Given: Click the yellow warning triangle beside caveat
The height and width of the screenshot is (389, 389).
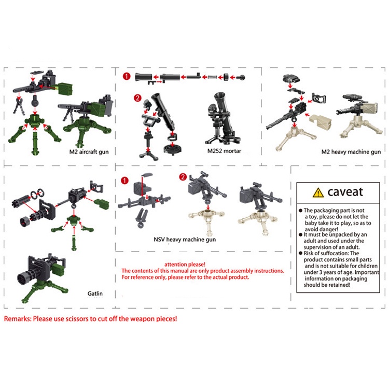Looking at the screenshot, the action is click(x=318, y=192).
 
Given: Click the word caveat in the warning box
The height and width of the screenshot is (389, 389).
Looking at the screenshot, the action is click(x=345, y=192).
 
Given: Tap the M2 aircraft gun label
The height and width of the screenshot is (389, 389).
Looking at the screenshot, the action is click(x=89, y=152).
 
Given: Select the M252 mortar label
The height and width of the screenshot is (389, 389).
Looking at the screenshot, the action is click(x=224, y=151).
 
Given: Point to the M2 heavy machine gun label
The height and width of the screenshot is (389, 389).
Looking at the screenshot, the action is click(x=351, y=152).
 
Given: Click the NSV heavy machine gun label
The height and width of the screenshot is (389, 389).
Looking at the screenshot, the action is click(x=185, y=240).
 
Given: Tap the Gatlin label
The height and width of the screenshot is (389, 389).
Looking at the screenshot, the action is click(x=95, y=294).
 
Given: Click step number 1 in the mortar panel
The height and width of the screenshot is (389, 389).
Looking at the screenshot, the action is click(x=127, y=76).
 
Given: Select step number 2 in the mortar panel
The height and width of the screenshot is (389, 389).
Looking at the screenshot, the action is click(x=137, y=98).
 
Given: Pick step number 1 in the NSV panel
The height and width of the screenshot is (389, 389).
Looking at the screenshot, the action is click(x=124, y=180).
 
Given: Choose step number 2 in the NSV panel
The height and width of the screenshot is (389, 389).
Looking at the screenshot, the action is click(x=183, y=177).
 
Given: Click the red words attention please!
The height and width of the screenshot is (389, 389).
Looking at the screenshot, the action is click(x=185, y=265).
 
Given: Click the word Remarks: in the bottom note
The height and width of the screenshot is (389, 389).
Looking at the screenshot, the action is click(x=18, y=319).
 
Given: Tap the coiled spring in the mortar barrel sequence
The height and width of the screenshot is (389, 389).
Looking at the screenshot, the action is click(x=212, y=77).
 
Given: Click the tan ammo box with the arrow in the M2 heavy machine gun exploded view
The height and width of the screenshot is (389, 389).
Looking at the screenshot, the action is click(x=321, y=122).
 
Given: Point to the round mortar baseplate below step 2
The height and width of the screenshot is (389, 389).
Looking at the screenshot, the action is click(x=173, y=149).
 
